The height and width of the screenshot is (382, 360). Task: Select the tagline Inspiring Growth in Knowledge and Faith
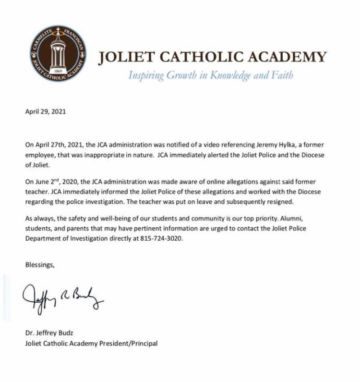(x=210, y=75)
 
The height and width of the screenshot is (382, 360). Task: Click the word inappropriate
(x=120, y=154)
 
